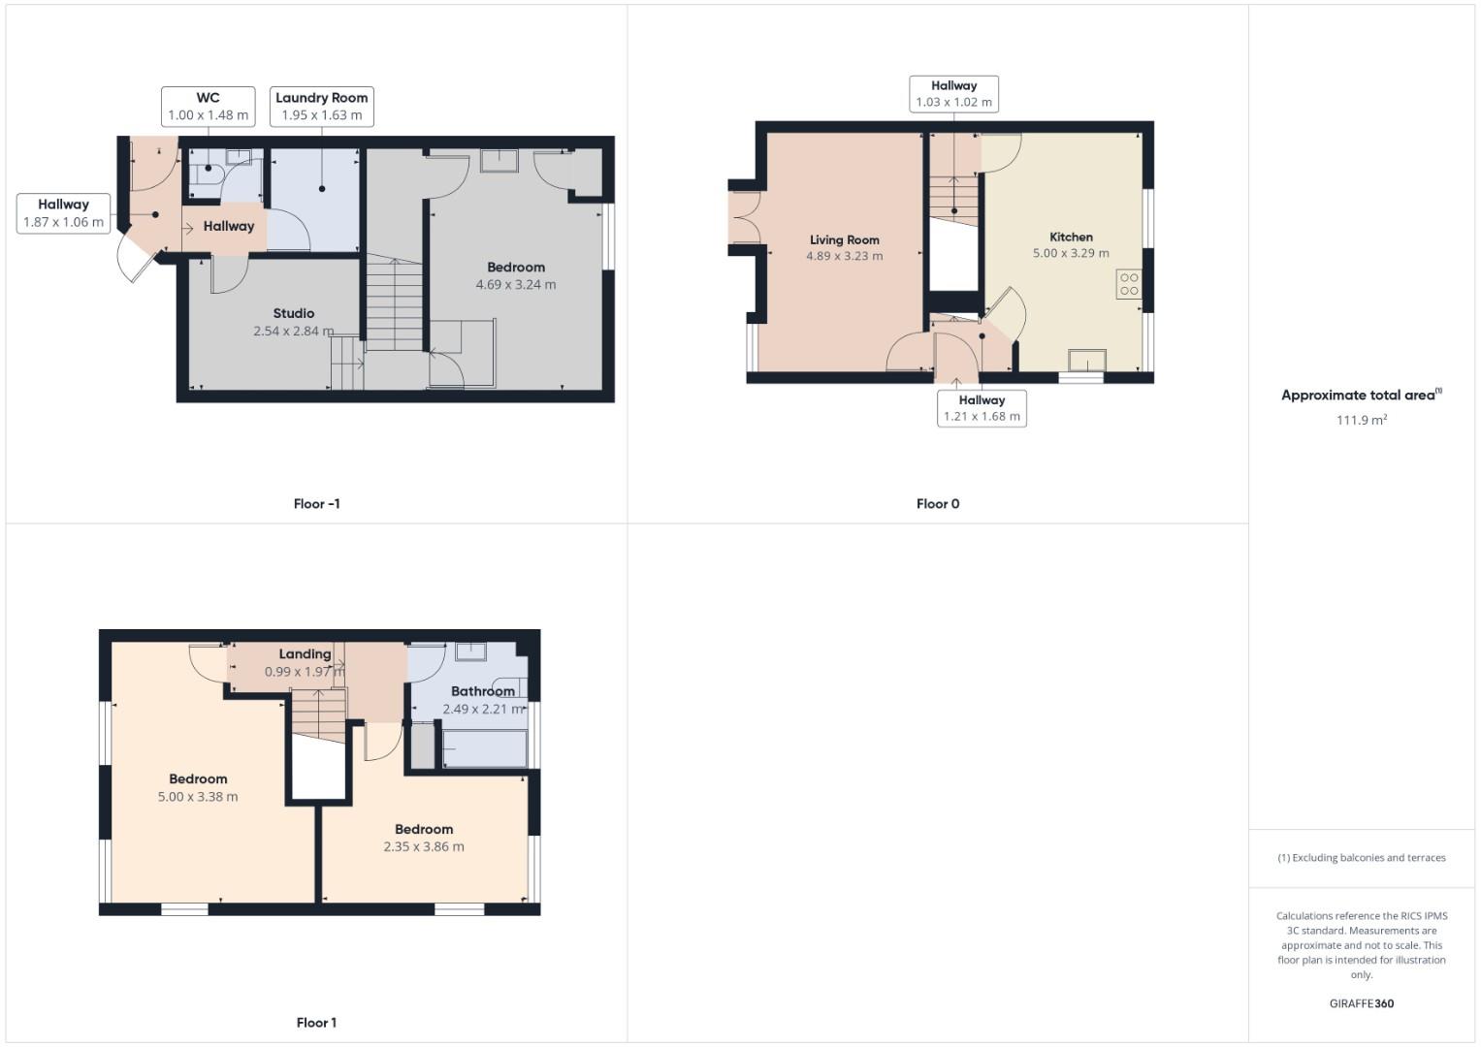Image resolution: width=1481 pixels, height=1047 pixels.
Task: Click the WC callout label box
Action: click(208, 106)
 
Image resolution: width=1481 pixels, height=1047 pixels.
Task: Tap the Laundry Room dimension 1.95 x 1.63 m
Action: click(321, 115)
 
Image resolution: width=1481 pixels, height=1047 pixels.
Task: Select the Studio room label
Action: click(293, 313)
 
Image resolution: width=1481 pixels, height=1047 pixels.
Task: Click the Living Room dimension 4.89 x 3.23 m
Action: click(844, 256)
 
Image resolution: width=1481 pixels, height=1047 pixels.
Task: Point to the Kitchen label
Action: click(1071, 237)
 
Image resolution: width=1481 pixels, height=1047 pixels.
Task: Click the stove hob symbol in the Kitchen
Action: click(1128, 284)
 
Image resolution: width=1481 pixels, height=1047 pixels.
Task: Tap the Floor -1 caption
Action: click(316, 504)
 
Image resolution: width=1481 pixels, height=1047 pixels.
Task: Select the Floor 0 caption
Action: click(937, 504)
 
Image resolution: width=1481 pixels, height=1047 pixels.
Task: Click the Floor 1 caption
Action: click(316, 1023)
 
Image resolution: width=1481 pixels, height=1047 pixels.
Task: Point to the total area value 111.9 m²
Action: click(1361, 420)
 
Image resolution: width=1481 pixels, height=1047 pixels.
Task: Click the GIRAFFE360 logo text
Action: click(1361, 1003)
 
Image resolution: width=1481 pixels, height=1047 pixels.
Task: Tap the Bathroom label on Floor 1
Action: click(482, 691)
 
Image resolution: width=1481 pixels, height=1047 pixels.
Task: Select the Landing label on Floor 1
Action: click(305, 654)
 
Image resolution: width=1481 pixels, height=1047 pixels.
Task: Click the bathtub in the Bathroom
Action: click(485, 749)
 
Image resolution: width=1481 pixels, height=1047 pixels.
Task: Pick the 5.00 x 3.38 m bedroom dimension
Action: click(198, 797)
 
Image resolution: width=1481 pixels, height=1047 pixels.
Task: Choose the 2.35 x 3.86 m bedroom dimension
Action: click(424, 846)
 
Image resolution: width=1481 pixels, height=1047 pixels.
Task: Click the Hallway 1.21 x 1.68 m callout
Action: click(982, 408)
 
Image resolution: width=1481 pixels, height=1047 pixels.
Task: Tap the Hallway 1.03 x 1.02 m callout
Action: click(953, 94)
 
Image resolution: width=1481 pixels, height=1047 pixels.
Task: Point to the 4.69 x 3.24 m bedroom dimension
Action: click(516, 284)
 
